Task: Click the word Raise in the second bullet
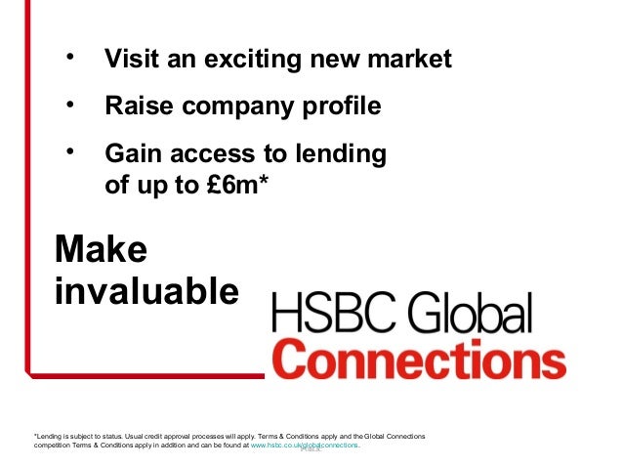coord(135,105)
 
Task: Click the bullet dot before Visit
coord(69,56)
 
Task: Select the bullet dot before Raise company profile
coord(69,102)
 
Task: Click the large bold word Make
coord(101,249)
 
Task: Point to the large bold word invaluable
coord(146,290)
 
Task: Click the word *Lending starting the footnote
coord(50,435)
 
